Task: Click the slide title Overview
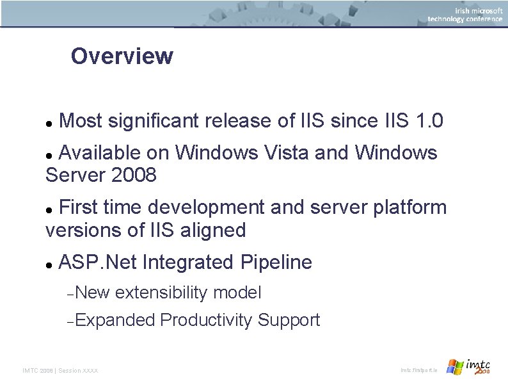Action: coord(122,56)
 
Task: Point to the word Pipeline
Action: coord(276,263)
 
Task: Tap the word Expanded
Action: coord(115,320)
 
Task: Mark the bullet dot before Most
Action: coord(49,122)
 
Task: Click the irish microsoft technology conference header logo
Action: coord(465,14)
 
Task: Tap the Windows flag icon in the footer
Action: coord(455,367)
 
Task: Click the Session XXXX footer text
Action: coord(78,371)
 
